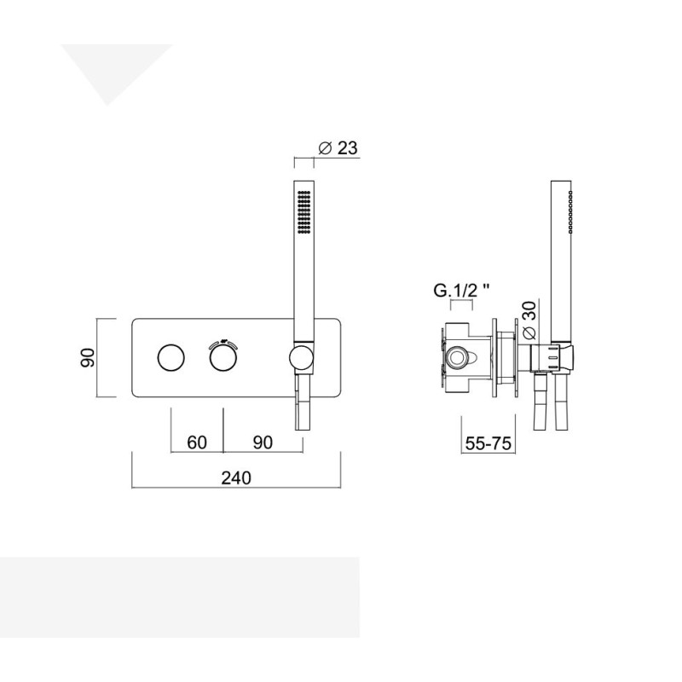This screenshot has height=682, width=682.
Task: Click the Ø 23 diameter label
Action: pyautogui.click(x=338, y=147)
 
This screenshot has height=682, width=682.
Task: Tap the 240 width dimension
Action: pyautogui.click(x=236, y=477)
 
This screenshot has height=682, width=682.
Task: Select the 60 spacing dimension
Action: pyautogui.click(x=197, y=442)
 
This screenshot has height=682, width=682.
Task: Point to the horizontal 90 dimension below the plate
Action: pyautogui.click(x=263, y=442)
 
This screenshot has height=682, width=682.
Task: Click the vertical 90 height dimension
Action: pyautogui.click(x=89, y=357)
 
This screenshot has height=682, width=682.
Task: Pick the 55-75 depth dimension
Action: pyautogui.click(x=488, y=443)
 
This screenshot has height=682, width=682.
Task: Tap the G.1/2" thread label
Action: pyautogui.click(x=462, y=290)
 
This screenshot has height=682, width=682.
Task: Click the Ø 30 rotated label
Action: pyautogui.click(x=529, y=321)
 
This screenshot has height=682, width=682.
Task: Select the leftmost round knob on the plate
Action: pyautogui.click(x=170, y=358)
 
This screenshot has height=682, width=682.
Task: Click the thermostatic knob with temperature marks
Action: pyautogui.click(x=223, y=358)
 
